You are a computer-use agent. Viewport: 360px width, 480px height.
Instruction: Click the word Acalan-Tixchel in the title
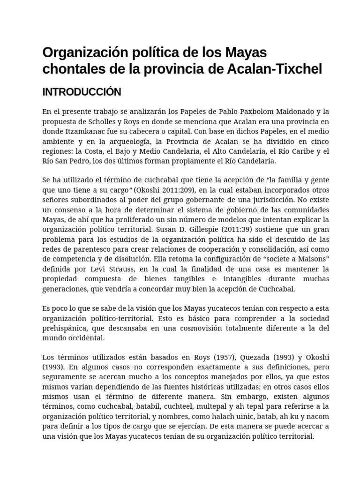(x=275, y=69)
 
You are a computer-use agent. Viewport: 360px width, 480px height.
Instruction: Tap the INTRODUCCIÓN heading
(x=82, y=92)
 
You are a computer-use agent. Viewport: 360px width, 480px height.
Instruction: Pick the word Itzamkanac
(x=82, y=131)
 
